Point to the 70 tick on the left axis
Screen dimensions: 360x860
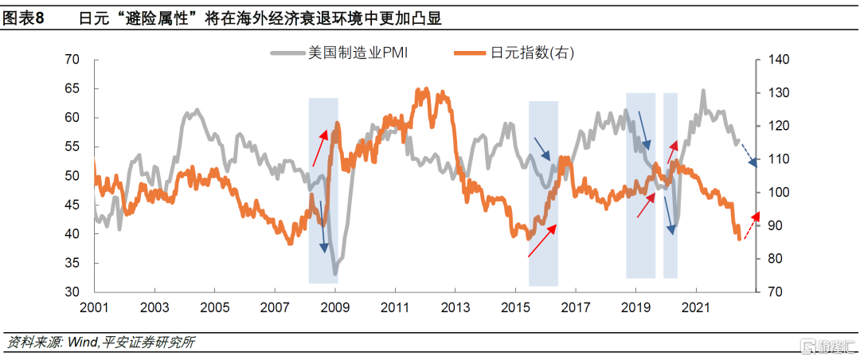pyautogui.click(x=72, y=60)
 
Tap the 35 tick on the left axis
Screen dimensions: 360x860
pyautogui.click(x=72, y=264)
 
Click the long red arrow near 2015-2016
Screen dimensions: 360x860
pyautogui.click(x=542, y=240)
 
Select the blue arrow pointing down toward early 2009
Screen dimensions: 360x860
pyautogui.click(x=323, y=226)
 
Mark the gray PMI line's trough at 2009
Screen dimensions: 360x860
pyautogui.click(x=335, y=274)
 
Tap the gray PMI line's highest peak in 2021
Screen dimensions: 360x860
pyautogui.click(x=703, y=91)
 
